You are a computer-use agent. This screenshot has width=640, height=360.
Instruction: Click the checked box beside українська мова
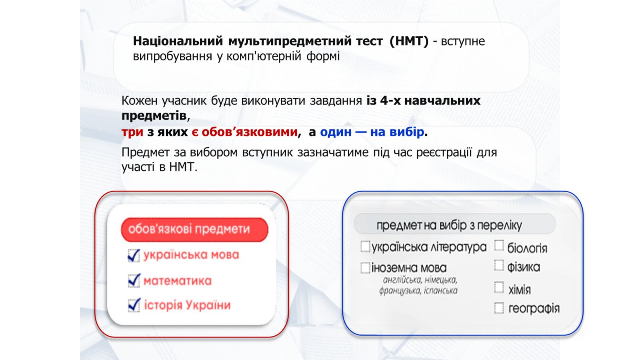pos(134,256)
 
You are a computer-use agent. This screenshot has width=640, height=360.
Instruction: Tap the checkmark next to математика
pos(134,280)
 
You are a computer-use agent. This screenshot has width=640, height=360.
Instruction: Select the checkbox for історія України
pos(134,305)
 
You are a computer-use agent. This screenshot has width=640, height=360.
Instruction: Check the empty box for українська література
pos(365,246)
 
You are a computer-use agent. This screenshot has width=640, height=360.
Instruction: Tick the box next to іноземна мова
pos(365,268)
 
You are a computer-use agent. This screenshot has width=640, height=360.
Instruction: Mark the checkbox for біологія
pos(499,246)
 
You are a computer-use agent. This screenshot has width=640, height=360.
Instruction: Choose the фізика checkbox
pos(499,266)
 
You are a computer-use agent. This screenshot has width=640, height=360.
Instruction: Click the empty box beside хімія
pos(499,288)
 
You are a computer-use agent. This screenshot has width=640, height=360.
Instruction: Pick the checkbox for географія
pos(499,308)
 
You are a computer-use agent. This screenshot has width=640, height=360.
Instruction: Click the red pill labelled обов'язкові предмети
pos(194,230)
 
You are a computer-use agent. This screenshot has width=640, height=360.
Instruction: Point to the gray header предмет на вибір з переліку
pos(454,224)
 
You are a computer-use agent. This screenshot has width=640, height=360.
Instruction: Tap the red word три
pos(132,132)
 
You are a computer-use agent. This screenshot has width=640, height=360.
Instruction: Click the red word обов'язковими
pos(250,132)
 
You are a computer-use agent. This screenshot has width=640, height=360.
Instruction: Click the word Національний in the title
pos(178,41)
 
